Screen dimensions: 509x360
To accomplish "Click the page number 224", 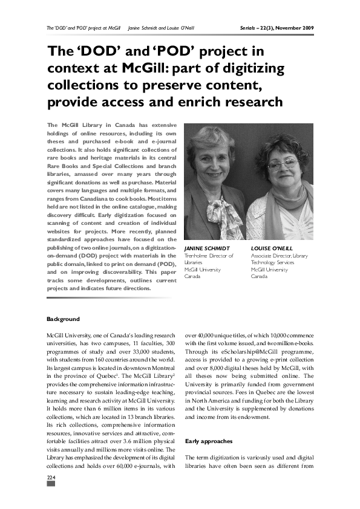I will coord(51,478).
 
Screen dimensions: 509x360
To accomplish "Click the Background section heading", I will coord(63,319).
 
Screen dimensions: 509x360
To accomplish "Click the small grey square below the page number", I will coord(51,485).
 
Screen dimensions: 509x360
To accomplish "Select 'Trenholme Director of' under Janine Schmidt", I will coord(208,256).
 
